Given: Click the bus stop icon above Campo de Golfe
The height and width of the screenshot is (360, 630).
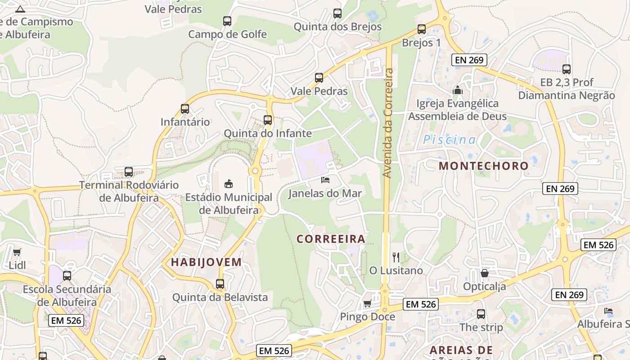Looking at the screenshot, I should click(x=227, y=21).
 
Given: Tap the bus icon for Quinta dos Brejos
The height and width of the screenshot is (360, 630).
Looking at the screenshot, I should click(x=337, y=13).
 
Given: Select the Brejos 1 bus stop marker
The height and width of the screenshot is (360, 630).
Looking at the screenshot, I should click(x=422, y=29).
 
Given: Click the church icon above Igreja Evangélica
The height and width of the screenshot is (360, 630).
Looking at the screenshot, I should click(x=458, y=90).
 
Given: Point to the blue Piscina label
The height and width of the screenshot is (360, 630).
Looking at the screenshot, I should click(x=449, y=140).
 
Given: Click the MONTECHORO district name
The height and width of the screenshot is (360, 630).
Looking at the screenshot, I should click(x=484, y=166).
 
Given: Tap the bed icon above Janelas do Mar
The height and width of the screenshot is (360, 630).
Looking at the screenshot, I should click(x=325, y=180).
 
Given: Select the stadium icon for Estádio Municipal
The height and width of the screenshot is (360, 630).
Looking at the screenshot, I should click(x=229, y=184).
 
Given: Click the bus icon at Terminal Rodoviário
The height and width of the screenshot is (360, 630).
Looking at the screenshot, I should click(x=129, y=171).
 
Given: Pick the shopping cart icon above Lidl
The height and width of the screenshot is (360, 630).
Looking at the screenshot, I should click(x=17, y=252).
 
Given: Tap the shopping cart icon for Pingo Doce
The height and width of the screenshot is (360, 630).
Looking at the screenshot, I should click(x=367, y=303).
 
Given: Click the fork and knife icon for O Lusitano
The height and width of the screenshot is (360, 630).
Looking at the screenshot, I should click(x=396, y=257).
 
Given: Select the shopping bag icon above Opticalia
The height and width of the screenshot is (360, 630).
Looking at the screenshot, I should click(x=485, y=273).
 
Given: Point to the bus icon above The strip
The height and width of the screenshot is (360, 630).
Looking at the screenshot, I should click(x=481, y=314).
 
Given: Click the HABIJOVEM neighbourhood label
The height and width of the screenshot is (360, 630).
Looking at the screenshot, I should click(x=207, y=262).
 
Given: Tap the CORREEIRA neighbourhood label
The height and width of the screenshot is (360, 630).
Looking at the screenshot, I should click(x=331, y=239).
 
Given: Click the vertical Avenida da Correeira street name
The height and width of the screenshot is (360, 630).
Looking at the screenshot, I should click(x=388, y=122).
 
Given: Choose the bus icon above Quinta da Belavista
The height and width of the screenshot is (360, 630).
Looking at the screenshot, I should click(x=220, y=284).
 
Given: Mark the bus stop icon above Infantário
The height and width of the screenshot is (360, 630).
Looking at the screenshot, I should click(x=185, y=108).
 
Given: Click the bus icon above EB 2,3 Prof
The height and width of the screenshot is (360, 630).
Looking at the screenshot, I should click(x=567, y=69).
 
